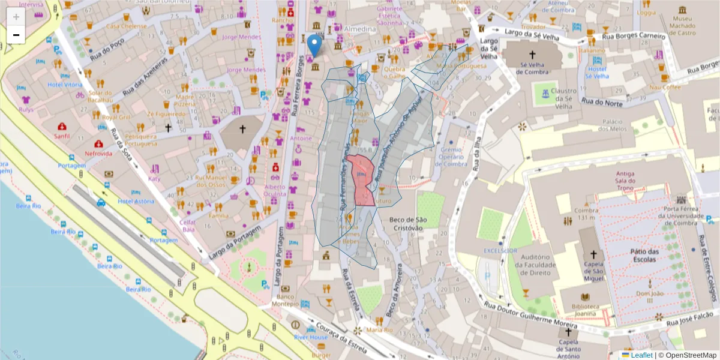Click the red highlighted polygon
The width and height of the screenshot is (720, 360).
click(x=362, y=180)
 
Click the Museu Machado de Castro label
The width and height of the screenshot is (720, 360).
click(x=683, y=22)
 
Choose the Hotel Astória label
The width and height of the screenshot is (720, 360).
click(x=136, y=202)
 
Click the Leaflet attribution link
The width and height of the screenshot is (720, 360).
click(x=641, y=355)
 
